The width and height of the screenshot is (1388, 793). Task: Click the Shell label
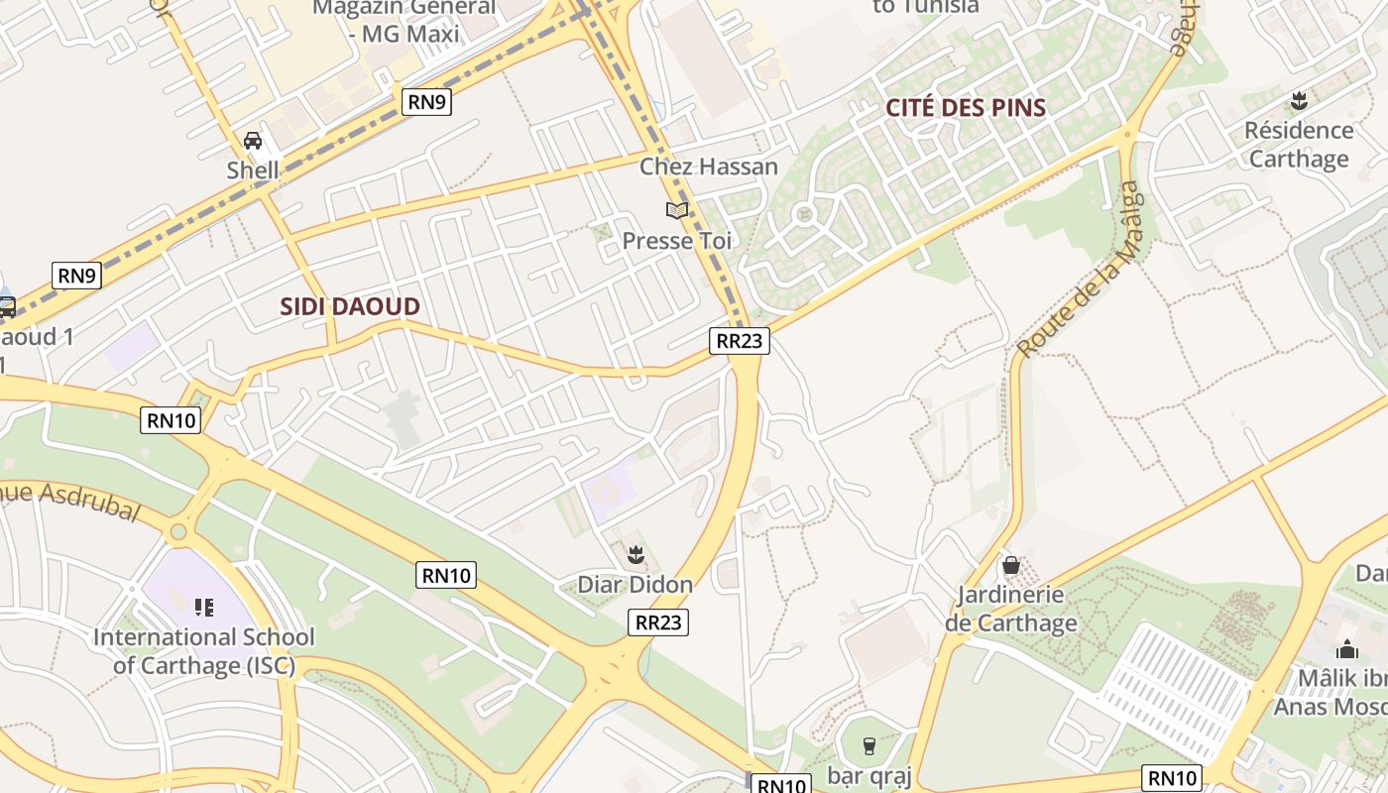253,170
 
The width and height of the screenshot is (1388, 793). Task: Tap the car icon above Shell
253,141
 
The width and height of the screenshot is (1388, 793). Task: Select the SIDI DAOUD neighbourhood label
350,306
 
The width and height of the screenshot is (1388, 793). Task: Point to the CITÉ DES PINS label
966,107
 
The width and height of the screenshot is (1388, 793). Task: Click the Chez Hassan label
709,166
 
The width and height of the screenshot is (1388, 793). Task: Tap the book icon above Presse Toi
677,210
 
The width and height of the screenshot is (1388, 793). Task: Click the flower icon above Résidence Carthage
1299,100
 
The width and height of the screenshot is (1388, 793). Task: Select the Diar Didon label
636,584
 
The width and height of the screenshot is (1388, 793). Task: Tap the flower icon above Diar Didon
636,554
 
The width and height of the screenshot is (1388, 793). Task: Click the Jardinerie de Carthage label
1010,609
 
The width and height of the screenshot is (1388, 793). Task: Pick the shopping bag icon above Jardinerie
1010,565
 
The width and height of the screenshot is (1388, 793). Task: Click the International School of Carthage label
203,650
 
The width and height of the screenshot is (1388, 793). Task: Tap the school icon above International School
204,607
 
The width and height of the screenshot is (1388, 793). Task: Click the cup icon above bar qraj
869,745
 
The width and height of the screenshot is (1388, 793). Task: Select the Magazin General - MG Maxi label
404,21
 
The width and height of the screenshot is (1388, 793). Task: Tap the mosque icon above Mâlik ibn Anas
1346,650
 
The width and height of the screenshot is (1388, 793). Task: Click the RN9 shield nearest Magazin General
426,101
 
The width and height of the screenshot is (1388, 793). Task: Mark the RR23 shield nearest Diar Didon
658,622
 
